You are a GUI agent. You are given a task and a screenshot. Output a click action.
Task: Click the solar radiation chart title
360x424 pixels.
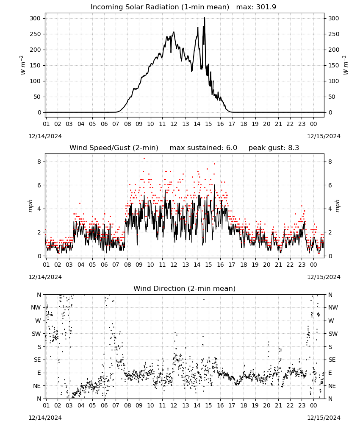point(183,7)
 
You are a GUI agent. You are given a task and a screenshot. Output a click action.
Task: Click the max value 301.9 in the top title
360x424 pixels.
point(266,7)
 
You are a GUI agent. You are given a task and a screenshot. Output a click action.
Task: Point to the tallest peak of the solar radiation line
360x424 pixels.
point(205,18)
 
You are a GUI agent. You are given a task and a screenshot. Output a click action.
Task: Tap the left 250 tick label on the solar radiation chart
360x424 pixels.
point(36,34)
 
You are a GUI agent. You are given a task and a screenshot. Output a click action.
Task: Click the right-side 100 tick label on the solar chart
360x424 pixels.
point(334,81)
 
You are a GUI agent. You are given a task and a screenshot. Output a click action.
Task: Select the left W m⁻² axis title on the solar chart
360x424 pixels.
point(23,65)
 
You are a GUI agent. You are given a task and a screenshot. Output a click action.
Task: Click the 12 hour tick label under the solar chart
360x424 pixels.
point(174,124)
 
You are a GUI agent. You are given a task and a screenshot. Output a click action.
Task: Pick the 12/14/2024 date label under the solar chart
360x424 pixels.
point(45,136)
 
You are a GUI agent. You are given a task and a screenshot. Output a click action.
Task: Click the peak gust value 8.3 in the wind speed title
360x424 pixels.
point(293,148)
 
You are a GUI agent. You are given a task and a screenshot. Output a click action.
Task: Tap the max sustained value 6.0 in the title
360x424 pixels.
point(231,148)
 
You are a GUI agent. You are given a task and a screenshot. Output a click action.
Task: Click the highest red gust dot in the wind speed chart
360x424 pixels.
point(144,158)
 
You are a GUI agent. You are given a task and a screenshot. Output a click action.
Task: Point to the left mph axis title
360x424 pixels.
point(30,206)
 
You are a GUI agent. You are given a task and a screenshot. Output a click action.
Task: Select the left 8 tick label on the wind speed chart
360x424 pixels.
point(39,162)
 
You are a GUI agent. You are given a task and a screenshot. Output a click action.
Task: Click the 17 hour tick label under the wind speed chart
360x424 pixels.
point(232,265)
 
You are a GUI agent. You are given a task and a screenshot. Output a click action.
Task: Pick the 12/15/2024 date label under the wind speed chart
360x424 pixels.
point(324,277)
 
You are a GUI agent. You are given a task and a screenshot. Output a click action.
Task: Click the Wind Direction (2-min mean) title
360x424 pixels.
point(185,288)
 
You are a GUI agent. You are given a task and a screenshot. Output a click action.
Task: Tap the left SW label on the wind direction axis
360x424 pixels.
point(36,334)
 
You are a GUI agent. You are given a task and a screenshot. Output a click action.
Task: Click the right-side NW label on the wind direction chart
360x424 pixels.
point(333,307)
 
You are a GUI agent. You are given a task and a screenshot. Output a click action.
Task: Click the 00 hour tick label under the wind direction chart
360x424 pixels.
point(313,406)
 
